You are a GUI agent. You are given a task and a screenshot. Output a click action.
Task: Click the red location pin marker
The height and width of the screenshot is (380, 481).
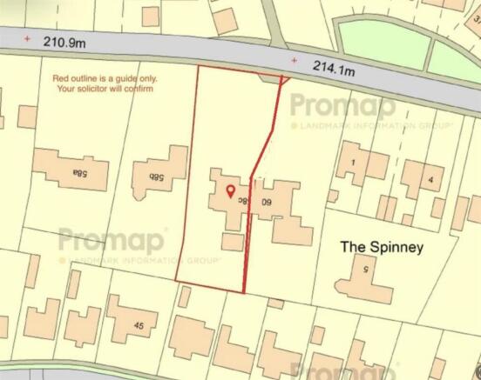point(230,192)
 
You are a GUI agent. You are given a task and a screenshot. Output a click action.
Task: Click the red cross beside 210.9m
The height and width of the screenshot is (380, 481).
point(28,38)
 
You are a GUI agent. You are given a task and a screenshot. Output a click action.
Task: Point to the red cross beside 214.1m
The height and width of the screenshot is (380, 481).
point(294,61)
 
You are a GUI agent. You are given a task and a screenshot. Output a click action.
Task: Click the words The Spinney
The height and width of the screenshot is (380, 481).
point(381,247)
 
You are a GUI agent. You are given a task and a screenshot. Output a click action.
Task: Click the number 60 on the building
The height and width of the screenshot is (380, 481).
point(266,201)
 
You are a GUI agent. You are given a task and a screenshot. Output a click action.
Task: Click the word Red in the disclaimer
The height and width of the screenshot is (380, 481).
point(62,79)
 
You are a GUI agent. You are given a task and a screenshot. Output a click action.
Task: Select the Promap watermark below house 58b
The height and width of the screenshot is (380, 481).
point(113,240)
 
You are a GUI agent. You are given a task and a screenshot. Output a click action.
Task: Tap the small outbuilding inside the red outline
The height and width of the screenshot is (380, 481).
point(232,241)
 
